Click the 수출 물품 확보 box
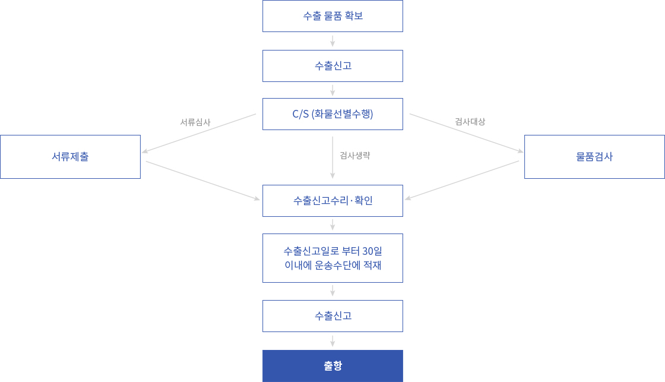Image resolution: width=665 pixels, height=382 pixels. [332, 16]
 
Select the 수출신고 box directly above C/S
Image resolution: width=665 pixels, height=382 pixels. [332, 66]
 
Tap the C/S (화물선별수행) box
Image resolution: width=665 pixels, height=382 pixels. [332, 114]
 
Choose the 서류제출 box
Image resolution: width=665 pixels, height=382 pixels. [71, 157]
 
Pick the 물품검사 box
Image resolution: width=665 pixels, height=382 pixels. [594, 157]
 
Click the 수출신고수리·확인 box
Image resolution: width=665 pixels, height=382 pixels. [332, 201]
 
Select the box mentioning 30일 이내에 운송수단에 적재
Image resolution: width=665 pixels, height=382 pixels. [332, 258]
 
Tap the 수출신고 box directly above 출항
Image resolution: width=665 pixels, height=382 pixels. [332, 316]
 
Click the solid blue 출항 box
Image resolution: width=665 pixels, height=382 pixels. [332, 366]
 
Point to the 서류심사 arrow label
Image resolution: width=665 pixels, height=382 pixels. [195, 122]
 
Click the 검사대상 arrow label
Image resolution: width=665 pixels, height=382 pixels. [470, 122]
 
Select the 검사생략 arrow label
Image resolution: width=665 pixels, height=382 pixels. [355, 155]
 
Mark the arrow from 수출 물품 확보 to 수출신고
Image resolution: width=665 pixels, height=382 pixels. [332, 41]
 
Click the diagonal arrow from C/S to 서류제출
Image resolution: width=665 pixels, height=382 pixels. [199, 133]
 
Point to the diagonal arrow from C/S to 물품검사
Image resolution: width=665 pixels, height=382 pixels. [467, 133]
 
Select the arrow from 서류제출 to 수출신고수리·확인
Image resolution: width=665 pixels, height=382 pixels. [202, 181]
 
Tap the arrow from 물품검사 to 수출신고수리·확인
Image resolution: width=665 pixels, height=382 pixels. [462, 181]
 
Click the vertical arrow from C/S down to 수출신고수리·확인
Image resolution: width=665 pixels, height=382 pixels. [332, 157]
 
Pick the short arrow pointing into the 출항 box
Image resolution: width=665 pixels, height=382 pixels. [332, 341]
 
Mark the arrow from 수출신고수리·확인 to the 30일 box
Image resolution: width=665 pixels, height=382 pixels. [332, 225]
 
